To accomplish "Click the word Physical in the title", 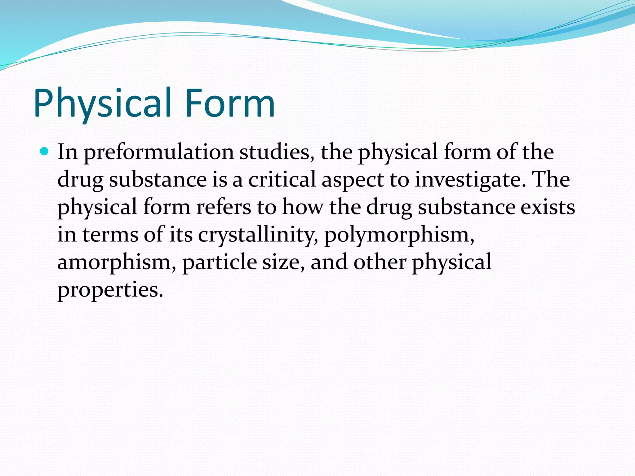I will [102, 104].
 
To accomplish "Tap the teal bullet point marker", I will [45, 152].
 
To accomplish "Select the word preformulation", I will [158, 152].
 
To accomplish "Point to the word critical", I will [282, 179].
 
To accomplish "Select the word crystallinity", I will [258, 235].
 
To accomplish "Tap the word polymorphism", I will [399, 235].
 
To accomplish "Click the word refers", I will [224, 207].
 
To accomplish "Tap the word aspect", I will [353, 180].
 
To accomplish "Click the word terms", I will [110, 235].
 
